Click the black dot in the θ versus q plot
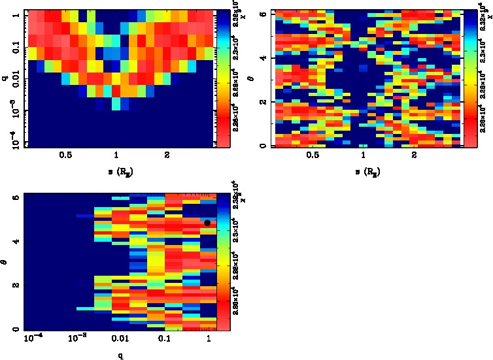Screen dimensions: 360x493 [207, 223]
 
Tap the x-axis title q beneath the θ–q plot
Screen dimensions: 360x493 [122, 355]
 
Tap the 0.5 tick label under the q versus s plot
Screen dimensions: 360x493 [65, 155]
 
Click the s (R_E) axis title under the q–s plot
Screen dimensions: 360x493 [116, 171]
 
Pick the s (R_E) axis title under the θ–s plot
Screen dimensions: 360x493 [363, 171]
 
